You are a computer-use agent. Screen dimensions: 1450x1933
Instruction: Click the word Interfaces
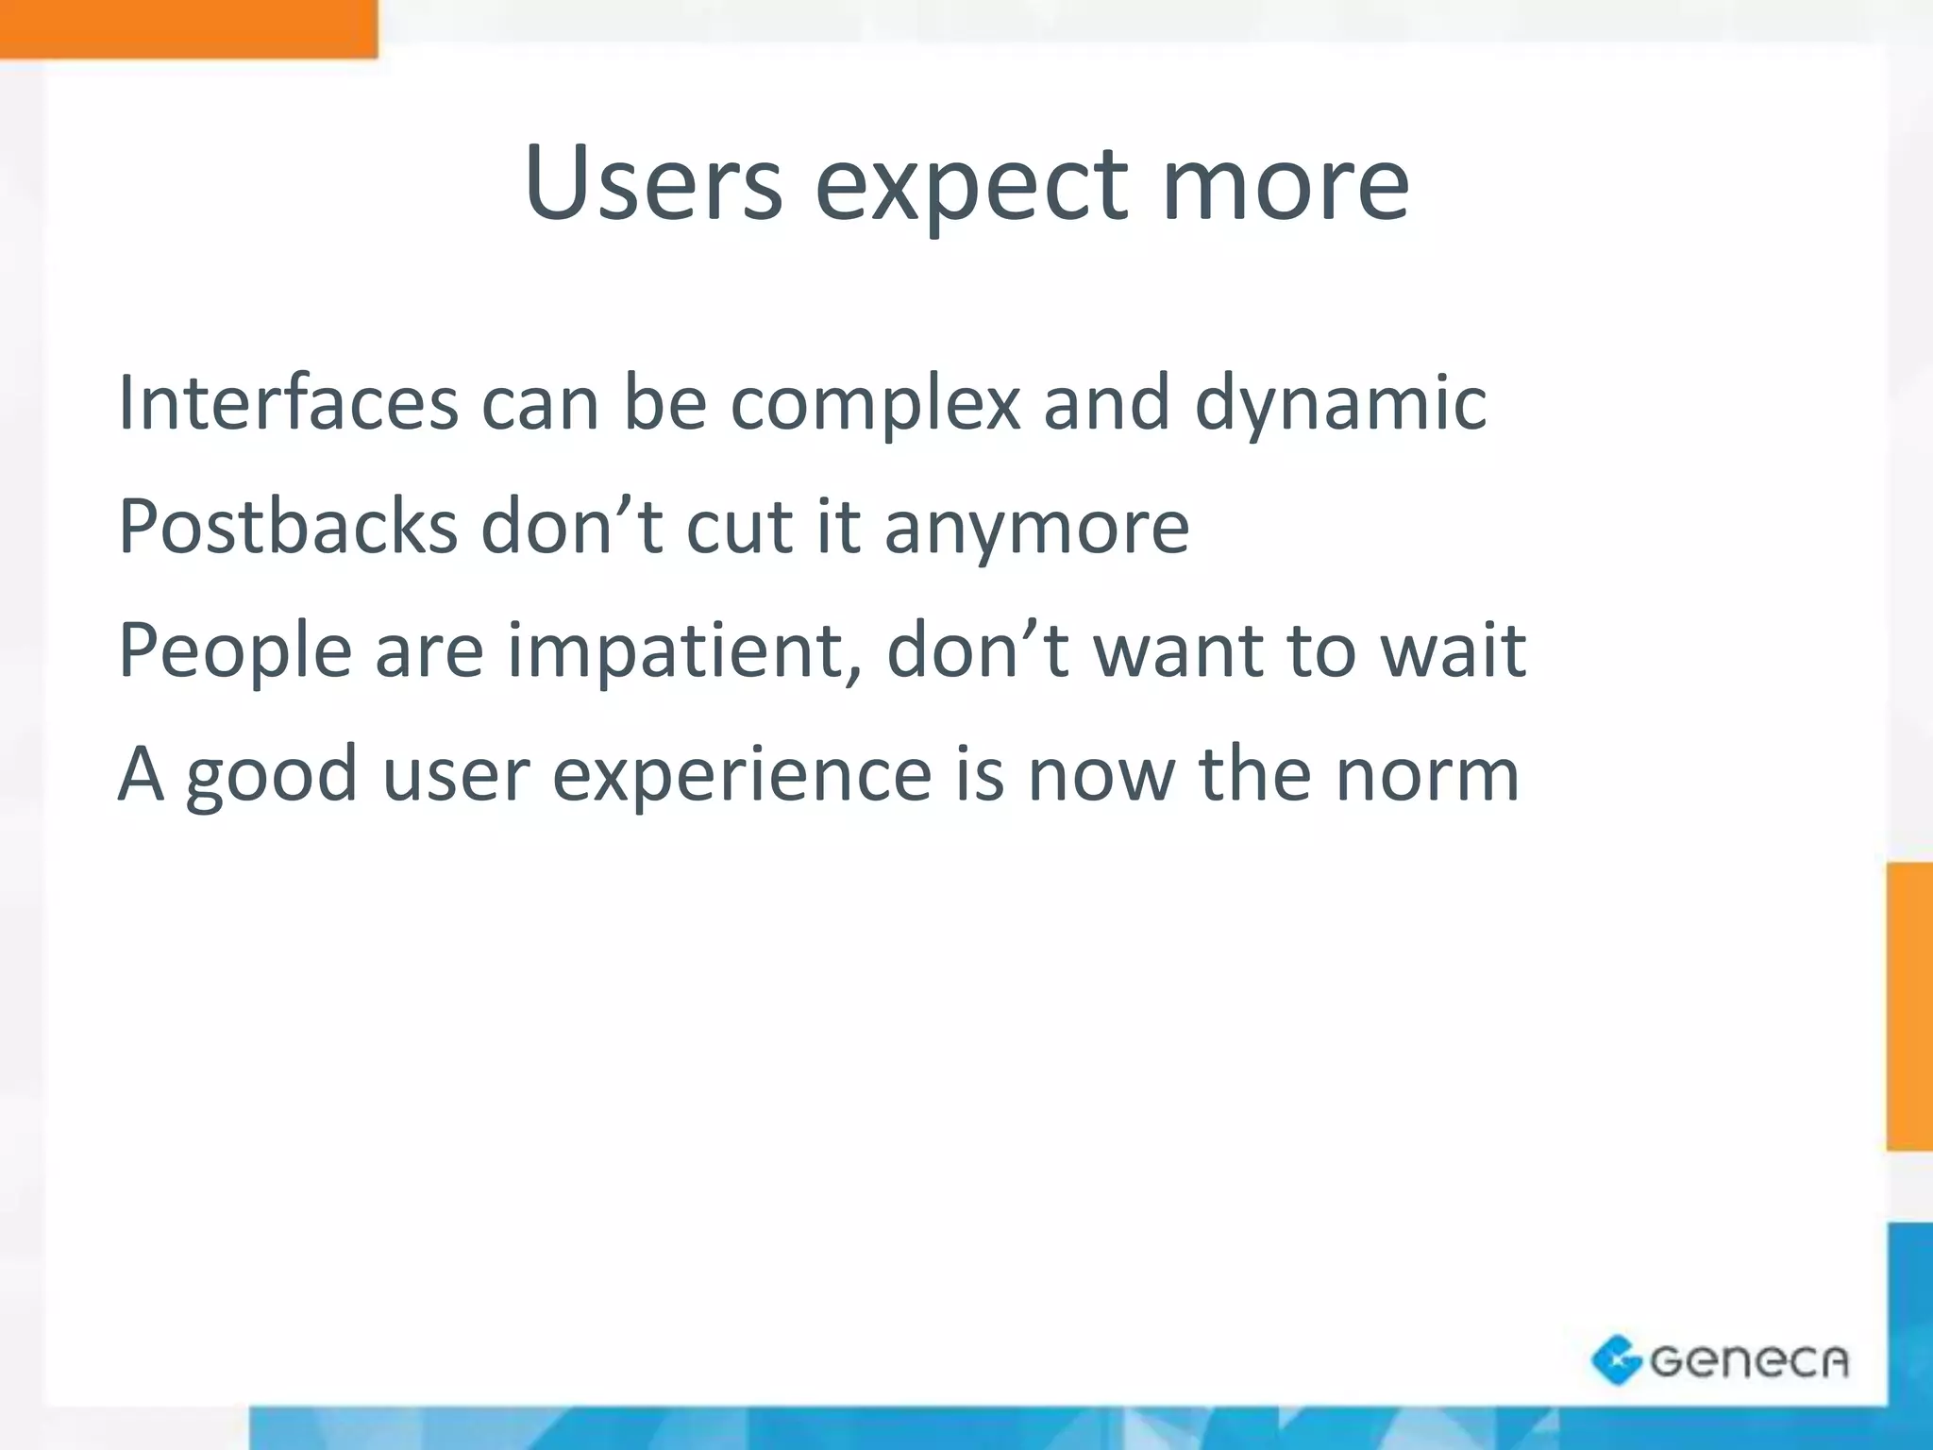(288, 403)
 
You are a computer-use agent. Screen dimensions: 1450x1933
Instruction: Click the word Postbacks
(288, 526)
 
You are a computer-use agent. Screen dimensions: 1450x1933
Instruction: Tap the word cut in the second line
(739, 528)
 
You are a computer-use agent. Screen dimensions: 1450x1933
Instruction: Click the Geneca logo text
(1749, 1361)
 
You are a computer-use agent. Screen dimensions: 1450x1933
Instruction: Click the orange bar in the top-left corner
(188, 28)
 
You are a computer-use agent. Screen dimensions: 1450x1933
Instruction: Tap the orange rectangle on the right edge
(1909, 1006)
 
